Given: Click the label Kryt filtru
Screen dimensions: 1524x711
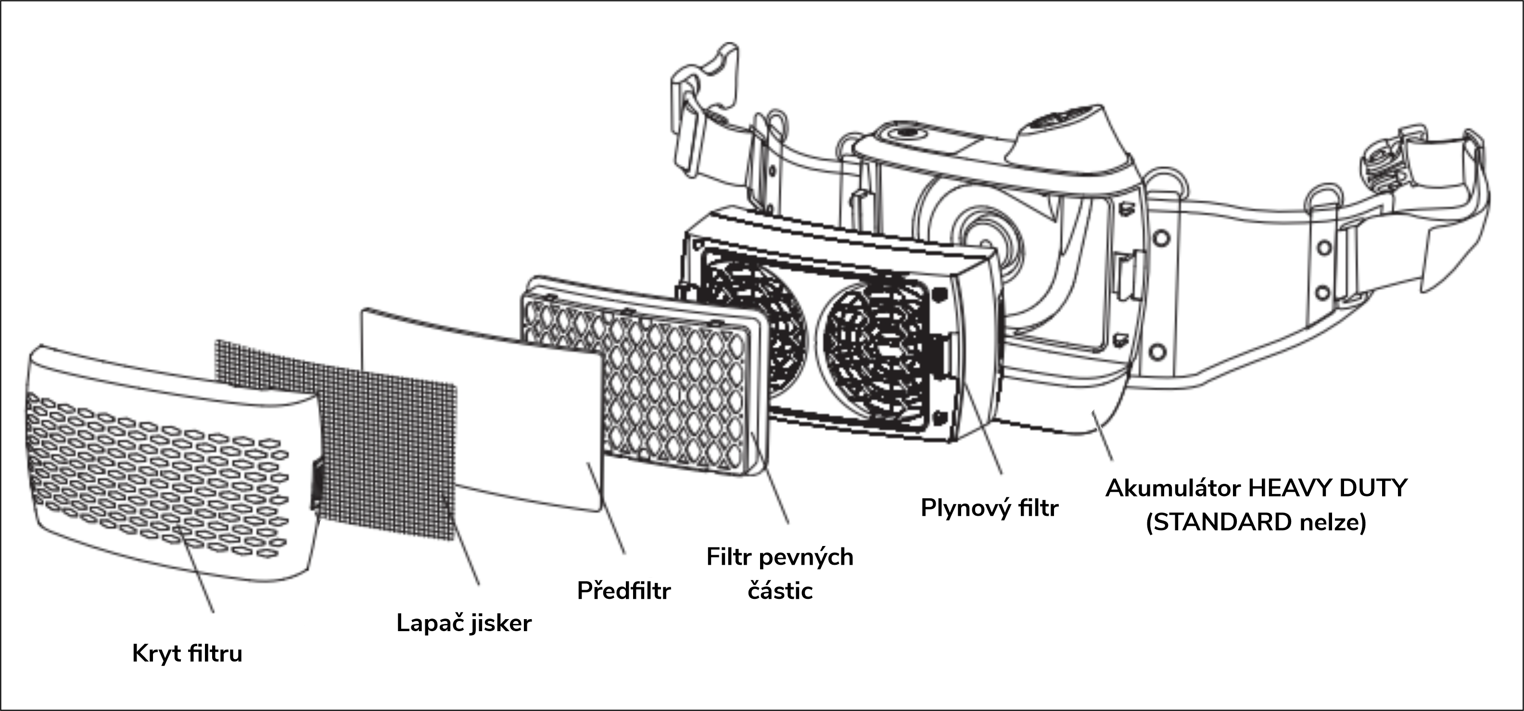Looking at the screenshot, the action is pyautogui.click(x=187, y=654).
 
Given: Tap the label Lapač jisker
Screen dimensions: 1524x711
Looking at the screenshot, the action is pyautogui.click(x=464, y=623).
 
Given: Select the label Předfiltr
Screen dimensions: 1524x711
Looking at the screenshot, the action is pyautogui.click(x=623, y=590).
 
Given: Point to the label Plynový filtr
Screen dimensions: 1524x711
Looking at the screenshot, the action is pyautogui.click(x=989, y=508).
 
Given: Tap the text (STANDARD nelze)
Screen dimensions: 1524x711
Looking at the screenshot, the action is pyautogui.click(x=1256, y=522).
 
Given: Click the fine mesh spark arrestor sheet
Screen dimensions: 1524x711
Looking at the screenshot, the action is pyautogui.click(x=337, y=438).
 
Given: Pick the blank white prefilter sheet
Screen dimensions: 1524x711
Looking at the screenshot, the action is pyautogui.click(x=482, y=408).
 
